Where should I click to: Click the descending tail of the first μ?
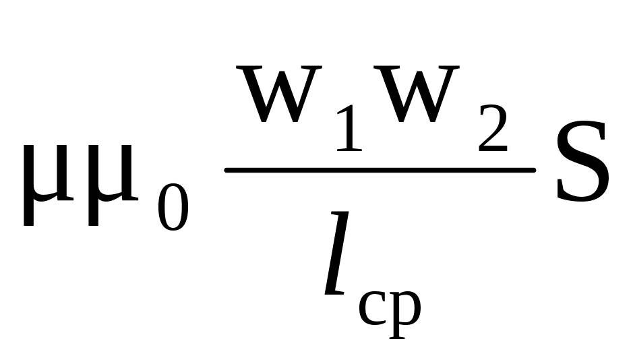pos(29,212)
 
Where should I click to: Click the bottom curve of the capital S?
pos(581,198)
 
